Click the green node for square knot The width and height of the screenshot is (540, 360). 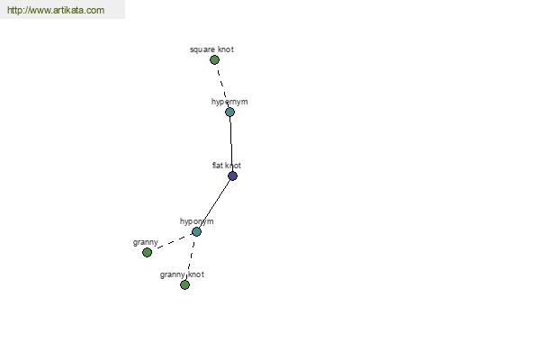pyautogui.click(x=214, y=60)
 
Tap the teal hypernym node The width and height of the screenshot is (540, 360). pyautogui.click(x=229, y=112)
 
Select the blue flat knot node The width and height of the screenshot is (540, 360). pyautogui.click(x=232, y=176)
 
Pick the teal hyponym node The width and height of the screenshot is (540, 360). pyautogui.click(x=196, y=232)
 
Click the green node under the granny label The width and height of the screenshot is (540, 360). pyautogui.click(x=147, y=253)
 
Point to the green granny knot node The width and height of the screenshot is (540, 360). pyautogui.click(x=184, y=285)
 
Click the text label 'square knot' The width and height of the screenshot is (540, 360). pyautogui.click(x=211, y=49)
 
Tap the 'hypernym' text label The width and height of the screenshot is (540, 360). pyautogui.click(x=229, y=102)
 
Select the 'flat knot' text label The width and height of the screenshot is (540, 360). pyautogui.click(x=227, y=166)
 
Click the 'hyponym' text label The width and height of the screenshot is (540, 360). pyautogui.click(x=196, y=221)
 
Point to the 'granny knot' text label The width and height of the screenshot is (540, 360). pyautogui.click(x=182, y=274)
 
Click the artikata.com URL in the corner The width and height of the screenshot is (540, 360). pyautogui.click(x=56, y=10)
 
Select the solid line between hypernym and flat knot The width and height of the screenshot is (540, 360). pyautogui.click(x=231, y=144)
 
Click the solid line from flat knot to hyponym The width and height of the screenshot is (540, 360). pyautogui.click(x=214, y=204)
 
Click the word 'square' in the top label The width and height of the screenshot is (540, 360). pyautogui.click(x=202, y=50)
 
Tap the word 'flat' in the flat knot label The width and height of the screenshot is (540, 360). pyautogui.click(x=217, y=166)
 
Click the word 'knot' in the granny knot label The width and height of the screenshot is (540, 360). pyautogui.click(x=195, y=274)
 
